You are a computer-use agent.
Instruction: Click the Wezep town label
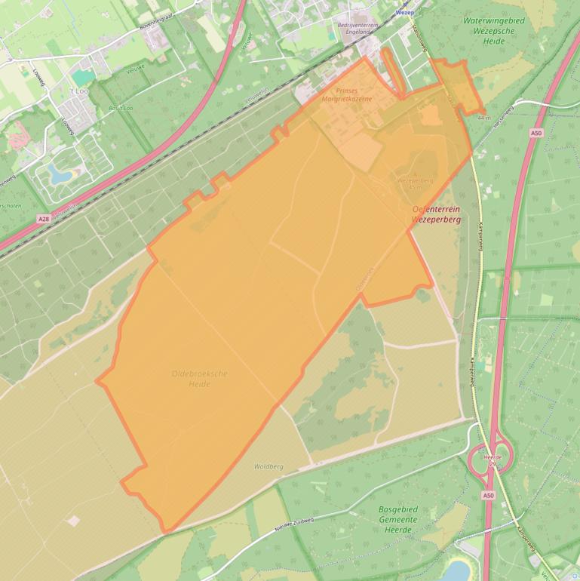click(x=405, y=13)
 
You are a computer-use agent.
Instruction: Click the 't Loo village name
click(x=79, y=91)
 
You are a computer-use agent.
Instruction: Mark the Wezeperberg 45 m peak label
click(x=416, y=183)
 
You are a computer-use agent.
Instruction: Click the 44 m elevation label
click(x=483, y=118)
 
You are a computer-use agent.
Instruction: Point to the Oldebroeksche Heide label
click(x=200, y=378)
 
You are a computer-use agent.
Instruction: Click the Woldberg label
click(x=269, y=467)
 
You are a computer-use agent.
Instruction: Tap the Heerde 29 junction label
click(x=492, y=460)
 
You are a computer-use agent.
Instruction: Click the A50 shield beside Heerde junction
click(x=489, y=496)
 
